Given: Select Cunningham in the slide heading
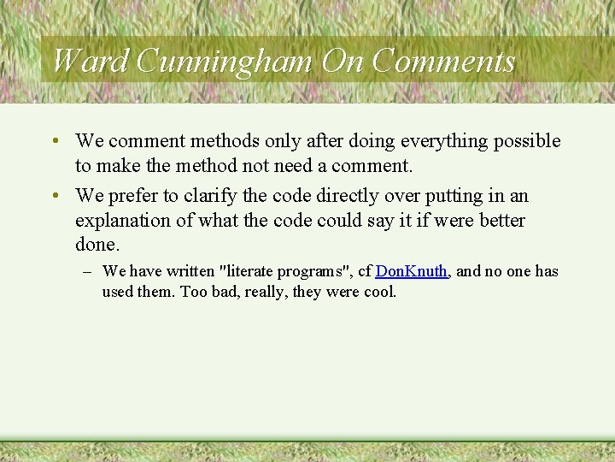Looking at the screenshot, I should pos(225,61).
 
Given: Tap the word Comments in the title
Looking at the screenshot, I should pos(444,61).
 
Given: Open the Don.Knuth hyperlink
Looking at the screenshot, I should pos(412,271).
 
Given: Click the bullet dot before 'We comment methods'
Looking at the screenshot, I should pos(54,140).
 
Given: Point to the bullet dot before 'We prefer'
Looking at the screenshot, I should pos(54,196).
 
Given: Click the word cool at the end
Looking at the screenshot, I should pos(379,292).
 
